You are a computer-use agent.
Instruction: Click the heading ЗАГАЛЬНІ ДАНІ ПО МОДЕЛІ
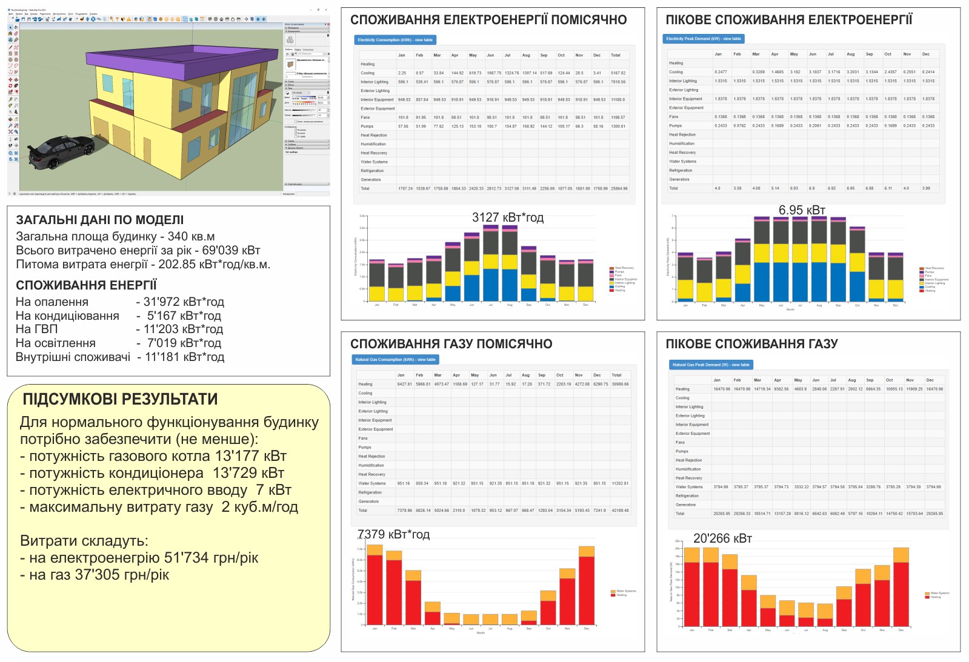click(x=99, y=220)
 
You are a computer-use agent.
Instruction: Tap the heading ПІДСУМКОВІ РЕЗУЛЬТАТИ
click(x=120, y=399)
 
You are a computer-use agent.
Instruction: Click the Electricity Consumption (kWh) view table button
click(x=395, y=40)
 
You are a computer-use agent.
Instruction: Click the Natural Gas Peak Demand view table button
click(x=711, y=365)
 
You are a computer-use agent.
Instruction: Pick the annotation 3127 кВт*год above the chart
click(x=508, y=217)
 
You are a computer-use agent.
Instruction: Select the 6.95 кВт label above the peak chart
click(x=802, y=210)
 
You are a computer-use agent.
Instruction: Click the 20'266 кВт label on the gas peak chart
click(x=722, y=538)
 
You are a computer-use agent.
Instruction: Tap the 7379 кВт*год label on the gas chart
click(x=393, y=534)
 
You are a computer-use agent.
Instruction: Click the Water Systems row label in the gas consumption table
click(x=371, y=483)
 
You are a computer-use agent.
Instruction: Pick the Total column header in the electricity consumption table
click(x=615, y=55)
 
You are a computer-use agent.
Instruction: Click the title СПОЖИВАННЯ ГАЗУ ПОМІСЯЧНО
click(x=451, y=344)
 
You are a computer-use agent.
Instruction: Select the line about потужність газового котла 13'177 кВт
click(x=153, y=456)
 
